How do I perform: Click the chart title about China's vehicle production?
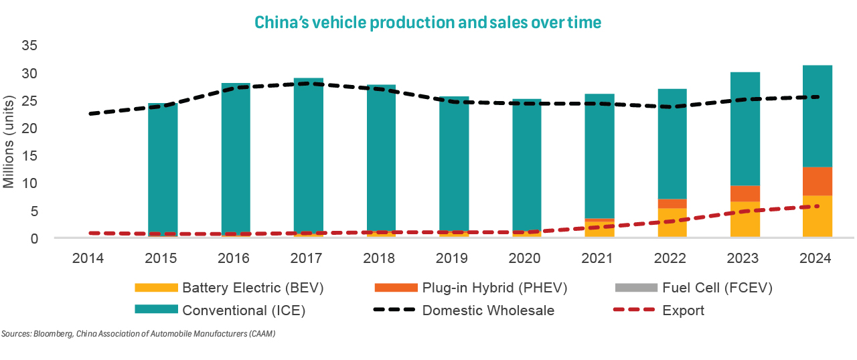tap(427, 22)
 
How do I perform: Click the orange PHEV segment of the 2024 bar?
tap(817, 181)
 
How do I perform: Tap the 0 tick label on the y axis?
tap(33, 238)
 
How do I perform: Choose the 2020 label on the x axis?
tap(526, 258)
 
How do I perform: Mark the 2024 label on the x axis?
tap(817, 258)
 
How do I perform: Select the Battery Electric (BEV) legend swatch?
tap(156, 288)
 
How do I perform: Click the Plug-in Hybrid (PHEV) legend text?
tap(495, 288)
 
